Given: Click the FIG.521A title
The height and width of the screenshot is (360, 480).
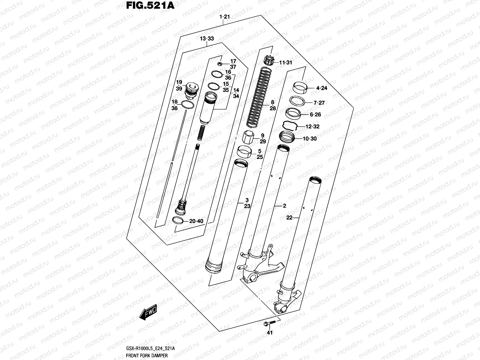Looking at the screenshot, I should click(x=148, y=6).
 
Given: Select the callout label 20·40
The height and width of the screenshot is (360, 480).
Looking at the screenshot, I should click(x=196, y=221).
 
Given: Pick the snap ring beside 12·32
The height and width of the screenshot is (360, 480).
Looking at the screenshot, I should click(x=290, y=124).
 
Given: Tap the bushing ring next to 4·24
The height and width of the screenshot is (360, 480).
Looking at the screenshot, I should click(x=300, y=88).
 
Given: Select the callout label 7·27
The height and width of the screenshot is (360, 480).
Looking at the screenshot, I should click(x=319, y=103).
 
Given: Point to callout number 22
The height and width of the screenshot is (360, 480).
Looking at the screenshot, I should click(x=289, y=218).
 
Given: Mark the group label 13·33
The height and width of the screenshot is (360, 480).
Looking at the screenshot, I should click(x=207, y=39).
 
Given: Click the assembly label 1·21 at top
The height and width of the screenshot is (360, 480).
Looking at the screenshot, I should click(x=224, y=17).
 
